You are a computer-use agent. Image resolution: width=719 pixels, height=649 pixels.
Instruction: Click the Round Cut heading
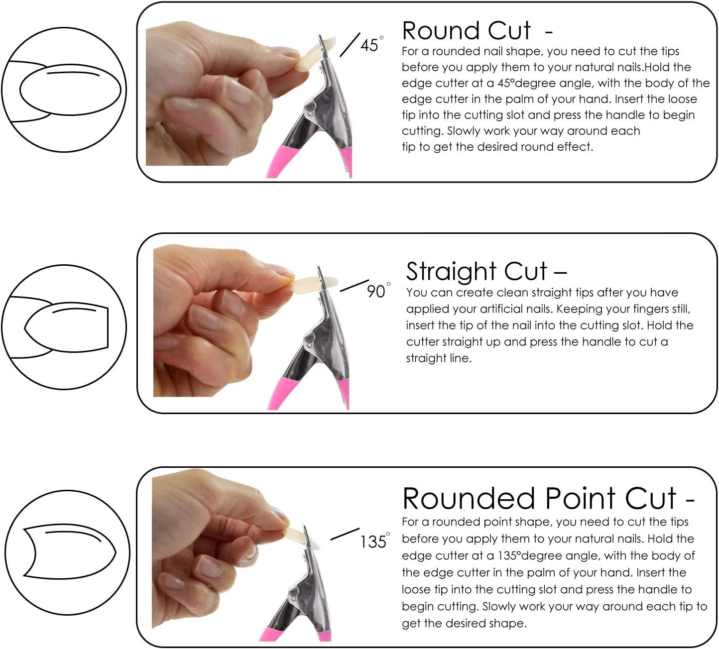pos(467,31)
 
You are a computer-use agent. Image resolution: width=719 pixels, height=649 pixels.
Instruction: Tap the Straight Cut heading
pos(477,272)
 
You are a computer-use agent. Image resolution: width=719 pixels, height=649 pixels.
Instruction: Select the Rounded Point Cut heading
pos(540,498)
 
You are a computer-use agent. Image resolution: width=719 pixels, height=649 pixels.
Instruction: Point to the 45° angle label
pos(371,45)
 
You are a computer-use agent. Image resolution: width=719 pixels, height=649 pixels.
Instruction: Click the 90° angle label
pos(377,291)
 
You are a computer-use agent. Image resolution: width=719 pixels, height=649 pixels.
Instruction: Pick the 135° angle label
pos(374,541)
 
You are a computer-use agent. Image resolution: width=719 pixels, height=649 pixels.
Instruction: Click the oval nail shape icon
pos(70,90)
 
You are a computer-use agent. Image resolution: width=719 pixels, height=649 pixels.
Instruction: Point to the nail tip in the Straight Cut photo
pos(306,284)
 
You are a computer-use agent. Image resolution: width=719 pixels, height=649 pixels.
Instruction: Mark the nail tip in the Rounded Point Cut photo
pos(296,535)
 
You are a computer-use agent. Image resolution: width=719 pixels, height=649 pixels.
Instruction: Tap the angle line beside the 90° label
pos(354,286)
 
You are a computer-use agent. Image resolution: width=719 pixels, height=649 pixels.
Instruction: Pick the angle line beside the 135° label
pos(345,534)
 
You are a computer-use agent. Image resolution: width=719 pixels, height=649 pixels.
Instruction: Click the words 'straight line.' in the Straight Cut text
pos(438,358)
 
